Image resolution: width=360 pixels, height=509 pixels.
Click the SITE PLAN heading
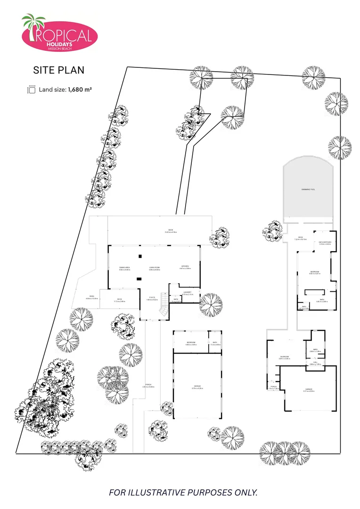point(58,70)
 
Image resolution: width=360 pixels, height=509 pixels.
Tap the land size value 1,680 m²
point(80,89)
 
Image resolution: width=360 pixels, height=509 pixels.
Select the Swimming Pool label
point(308,189)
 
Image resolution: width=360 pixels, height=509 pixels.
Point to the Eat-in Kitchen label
point(325,242)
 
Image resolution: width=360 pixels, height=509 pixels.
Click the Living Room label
point(155,268)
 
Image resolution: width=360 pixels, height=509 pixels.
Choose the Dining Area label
point(124,268)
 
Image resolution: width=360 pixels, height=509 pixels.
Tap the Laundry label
point(187,292)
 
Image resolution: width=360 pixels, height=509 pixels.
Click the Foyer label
point(152,297)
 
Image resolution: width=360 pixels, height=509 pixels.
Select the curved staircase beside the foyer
point(164,306)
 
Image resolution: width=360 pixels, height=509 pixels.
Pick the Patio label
point(91,296)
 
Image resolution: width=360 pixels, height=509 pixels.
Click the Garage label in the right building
point(309,389)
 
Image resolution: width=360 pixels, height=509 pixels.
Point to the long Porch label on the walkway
point(148,385)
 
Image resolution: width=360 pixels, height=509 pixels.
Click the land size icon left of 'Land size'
point(32,89)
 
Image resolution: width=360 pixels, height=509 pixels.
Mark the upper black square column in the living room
point(140,256)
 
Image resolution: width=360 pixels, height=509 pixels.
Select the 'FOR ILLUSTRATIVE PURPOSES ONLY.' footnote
point(183,493)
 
